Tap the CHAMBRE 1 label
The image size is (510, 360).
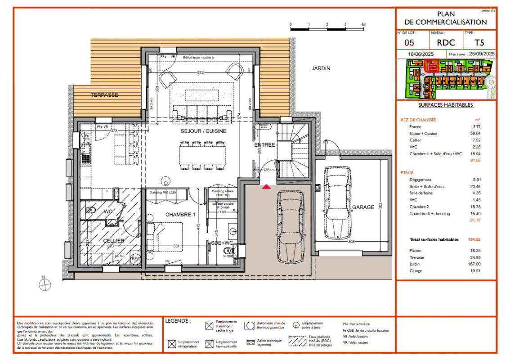[180, 215]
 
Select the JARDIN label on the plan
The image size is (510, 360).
[321, 68]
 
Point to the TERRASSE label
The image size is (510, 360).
[104, 95]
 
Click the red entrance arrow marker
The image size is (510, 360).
[267, 186]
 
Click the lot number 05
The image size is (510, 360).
[409, 43]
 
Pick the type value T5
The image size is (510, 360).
[479, 43]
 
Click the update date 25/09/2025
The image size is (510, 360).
[481, 54]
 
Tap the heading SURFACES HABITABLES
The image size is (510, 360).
[445, 105]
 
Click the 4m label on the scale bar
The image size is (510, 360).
[364, 23]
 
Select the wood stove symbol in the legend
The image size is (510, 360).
[295, 325]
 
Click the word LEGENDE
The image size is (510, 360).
[178, 321]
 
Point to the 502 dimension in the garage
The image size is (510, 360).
[380, 206]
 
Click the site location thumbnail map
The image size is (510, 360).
[445, 79]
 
